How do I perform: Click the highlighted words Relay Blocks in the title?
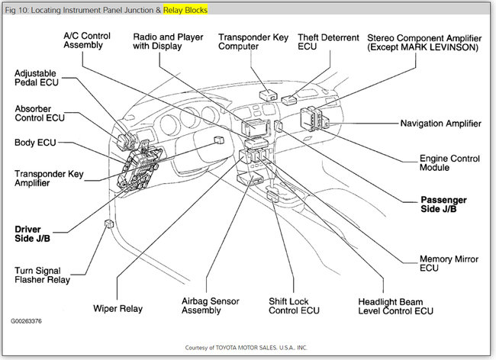(x=185, y=10)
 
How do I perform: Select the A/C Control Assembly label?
(x=92, y=40)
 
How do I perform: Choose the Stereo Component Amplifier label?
(x=423, y=42)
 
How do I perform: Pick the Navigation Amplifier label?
(x=440, y=123)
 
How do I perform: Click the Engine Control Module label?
(x=450, y=163)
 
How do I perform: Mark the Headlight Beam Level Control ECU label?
(x=395, y=306)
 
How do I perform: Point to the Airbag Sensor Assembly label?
(x=210, y=306)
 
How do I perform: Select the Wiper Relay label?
(x=119, y=309)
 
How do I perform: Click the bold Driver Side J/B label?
(x=31, y=233)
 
